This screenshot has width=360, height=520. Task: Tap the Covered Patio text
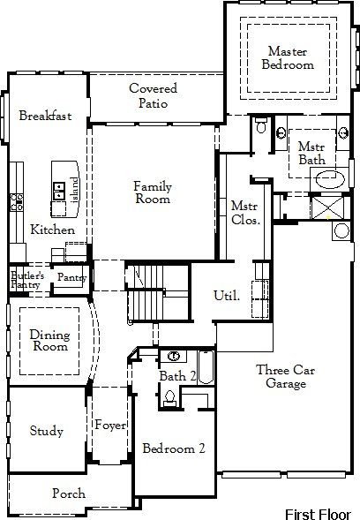click(153, 95)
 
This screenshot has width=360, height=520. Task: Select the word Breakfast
click(44, 116)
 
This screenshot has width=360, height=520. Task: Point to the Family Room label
click(153, 192)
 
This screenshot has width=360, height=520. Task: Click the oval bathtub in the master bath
click(331, 178)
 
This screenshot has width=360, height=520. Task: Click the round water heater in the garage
click(341, 231)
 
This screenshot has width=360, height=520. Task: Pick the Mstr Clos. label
click(244, 214)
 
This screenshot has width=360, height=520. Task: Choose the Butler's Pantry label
click(25, 280)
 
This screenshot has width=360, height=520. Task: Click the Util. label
click(227, 296)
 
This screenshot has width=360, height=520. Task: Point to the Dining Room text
click(49, 341)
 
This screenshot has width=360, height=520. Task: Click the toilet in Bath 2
click(169, 400)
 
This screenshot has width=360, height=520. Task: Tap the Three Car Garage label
click(281, 377)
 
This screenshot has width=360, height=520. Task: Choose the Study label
click(47, 431)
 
